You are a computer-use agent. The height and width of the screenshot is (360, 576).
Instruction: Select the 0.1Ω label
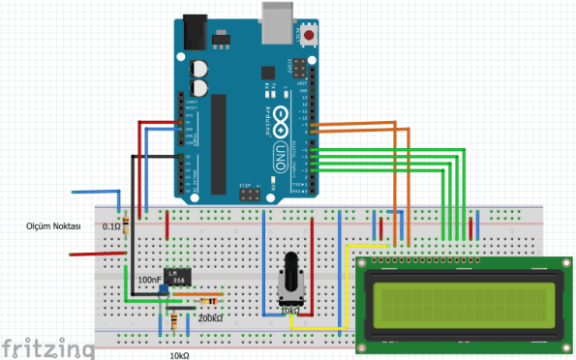(111, 225)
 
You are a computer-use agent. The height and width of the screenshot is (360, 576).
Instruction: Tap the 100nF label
(149, 279)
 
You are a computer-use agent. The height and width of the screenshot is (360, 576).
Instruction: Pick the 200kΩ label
(210, 317)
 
